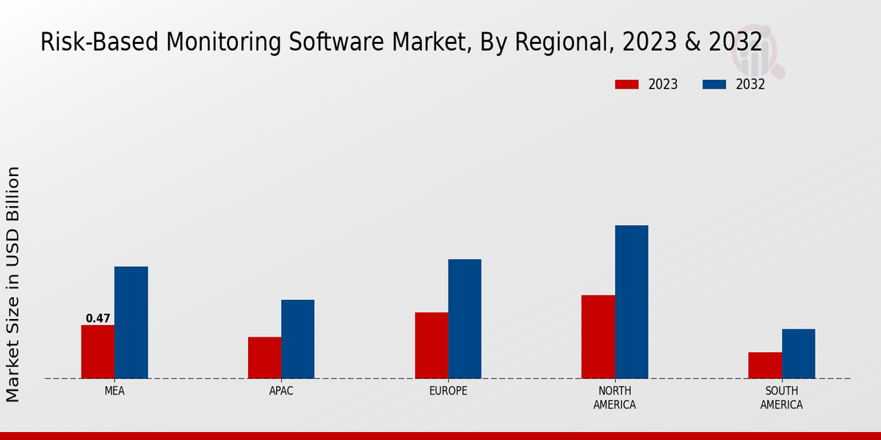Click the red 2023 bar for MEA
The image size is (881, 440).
click(98, 352)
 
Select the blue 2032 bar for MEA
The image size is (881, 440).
click(131, 323)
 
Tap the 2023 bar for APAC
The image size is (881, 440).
click(264, 358)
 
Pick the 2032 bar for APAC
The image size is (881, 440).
click(297, 339)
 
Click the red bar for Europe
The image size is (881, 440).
click(431, 345)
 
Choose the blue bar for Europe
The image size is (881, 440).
click(465, 319)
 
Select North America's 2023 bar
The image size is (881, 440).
click(598, 337)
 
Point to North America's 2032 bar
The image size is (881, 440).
click(631, 302)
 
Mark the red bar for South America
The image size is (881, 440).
click(765, 365)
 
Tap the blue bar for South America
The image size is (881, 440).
click(798, 353)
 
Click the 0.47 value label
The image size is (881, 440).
click(98, 318)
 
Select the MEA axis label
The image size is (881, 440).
click(115, 391)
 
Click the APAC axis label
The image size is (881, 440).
click(281, 391)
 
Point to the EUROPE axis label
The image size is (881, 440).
click(448, 391)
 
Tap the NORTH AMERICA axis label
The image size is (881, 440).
click(614, 397)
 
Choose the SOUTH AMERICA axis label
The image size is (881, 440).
click(781, 397)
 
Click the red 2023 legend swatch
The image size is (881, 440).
click(627, 84)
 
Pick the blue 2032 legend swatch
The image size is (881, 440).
click(714, 84)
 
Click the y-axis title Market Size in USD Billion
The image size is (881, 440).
click(13, 285)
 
